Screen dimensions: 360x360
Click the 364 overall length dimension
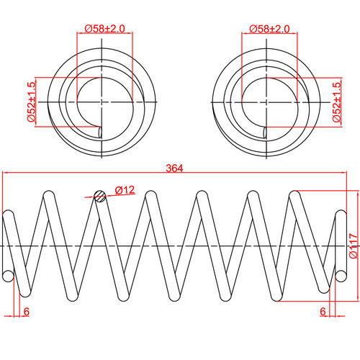(x=174, y=168)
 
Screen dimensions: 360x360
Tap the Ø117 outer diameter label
(x=352, y=245)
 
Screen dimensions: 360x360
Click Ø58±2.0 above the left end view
(x=105, y=28)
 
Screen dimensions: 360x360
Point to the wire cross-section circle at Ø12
(x=101, y=195)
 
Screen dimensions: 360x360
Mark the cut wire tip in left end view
(x=100, y=132)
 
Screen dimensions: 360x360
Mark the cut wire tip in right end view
(x=266, y=132)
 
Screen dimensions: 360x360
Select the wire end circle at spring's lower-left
(x=9, y=275)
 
